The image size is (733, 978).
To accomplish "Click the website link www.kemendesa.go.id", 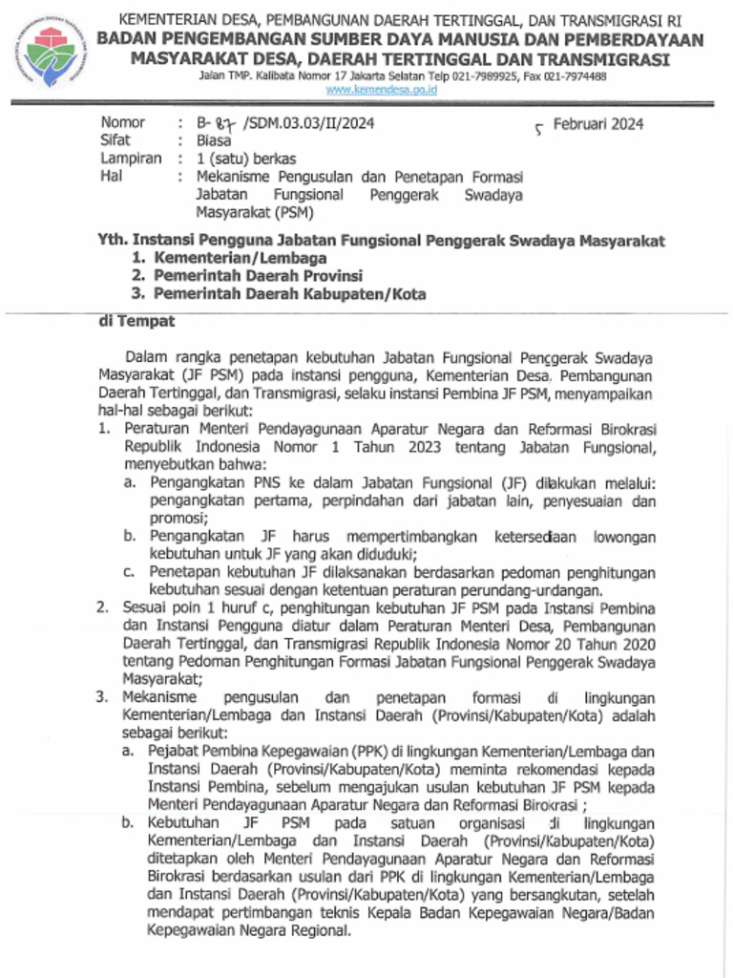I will tap(381, 89).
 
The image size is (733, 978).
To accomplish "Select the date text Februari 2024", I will tap(598, 123).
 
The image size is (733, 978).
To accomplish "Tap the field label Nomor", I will tap(123, 122).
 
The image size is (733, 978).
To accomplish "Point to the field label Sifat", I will tap(115, 140).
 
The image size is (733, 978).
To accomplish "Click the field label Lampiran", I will tap(131, 159).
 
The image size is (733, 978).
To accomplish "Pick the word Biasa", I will tap(214, 140).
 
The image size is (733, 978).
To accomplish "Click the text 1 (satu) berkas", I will tap(246, 159).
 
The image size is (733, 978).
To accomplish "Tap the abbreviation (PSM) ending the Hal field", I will tap(297, 213).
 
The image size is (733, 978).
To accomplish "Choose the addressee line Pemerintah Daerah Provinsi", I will tap(258, 276).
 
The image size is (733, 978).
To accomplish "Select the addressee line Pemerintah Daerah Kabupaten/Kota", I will tap(290, 294).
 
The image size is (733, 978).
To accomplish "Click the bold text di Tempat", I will tap(137, 322).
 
